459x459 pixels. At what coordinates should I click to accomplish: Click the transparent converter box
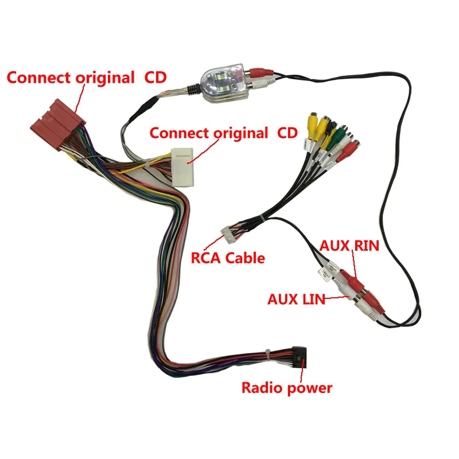coord(220,86)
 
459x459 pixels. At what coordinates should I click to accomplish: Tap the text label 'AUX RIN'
coord(349,246)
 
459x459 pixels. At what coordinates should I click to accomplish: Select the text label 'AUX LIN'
coord(296,298)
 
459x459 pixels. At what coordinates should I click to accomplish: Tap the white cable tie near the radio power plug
coord(267,352)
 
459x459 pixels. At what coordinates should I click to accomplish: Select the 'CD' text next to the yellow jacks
coord(287,133)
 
